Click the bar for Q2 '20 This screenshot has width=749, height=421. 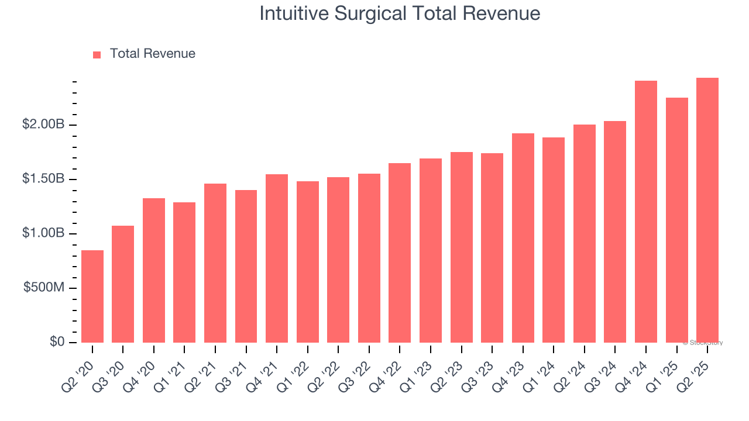(x=92, y=296)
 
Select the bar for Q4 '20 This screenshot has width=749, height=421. (x=154, y=270)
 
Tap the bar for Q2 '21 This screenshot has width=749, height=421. (x=215, y=263)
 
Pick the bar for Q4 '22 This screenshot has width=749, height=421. (x=400, y=253)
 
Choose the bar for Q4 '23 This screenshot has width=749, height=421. (x=523, y=238)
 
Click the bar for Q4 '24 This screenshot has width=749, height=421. (x=646, y=212)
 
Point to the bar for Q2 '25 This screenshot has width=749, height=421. (x=707, y=210)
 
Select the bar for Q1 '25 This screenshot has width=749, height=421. (x=677, y=220)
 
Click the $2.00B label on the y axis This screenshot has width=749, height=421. (x=44, y=125)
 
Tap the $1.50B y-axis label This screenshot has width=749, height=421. (x=44, y=179)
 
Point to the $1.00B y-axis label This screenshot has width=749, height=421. (x=44, y=233)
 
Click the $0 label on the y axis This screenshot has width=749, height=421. (x=57, y=342)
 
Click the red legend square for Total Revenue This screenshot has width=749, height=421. (x=97, y=54)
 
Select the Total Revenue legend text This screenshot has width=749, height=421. (x=152, y=54)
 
